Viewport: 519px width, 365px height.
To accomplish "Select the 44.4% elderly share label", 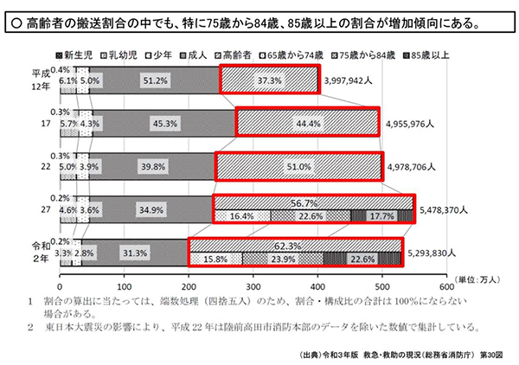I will point(308,123).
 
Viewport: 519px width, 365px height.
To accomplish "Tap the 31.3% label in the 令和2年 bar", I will point(136,253).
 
